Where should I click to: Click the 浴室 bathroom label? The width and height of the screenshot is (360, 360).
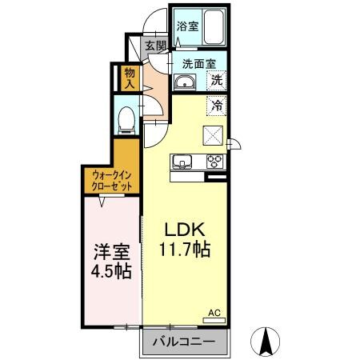187,25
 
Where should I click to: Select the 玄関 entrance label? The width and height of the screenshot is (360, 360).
154,46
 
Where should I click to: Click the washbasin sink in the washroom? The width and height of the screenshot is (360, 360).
186,82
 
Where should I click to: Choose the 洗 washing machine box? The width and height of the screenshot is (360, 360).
216,80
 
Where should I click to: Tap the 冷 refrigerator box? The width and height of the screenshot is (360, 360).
216,103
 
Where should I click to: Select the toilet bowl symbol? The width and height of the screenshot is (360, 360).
126,118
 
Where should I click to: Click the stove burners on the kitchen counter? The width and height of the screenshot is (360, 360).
215,160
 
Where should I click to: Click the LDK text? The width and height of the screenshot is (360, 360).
182,229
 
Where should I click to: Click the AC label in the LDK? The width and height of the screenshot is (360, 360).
214,313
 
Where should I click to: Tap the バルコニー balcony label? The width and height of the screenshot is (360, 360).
186,342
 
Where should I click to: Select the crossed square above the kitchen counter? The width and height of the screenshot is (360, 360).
214,134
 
